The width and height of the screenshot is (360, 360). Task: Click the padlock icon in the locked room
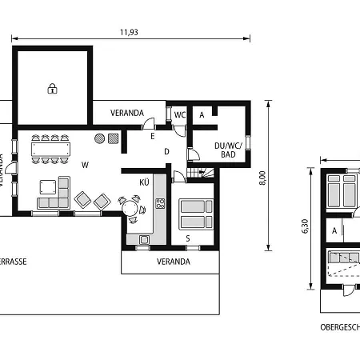coord(52,88)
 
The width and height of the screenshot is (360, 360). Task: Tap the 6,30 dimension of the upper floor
coord(305,228)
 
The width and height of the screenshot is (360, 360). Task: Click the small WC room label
coord(180,114)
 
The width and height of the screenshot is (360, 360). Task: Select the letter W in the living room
coord(85,165)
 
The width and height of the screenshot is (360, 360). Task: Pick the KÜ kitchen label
coord(145,183)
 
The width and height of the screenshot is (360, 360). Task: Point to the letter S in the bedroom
coord(188,238)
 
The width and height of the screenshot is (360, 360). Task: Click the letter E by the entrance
coord(152,137)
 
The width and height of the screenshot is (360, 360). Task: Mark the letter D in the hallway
coord(166,151)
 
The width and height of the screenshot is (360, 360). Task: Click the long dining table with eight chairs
coord(50,148)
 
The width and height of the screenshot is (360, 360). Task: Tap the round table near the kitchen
coord(130,208)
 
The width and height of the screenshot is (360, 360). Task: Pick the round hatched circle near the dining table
coord(100,138)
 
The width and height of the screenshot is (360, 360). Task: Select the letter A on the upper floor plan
coord(334,230)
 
